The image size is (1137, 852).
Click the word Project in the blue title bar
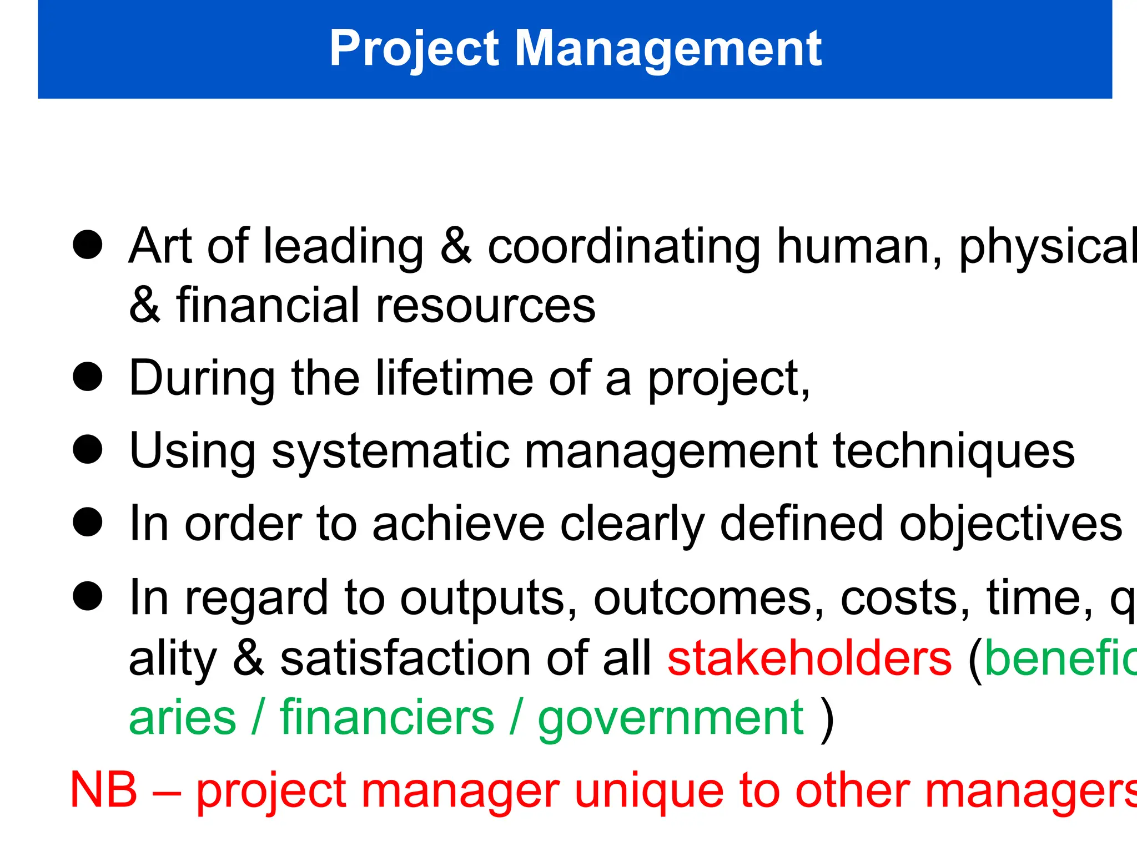click(x=414, y=49)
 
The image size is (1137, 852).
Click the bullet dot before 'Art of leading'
click(x=88, y=245)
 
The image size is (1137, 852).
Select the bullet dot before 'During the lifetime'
click(x=88, y=377)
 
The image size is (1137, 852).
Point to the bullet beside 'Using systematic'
click(x=88, y=449)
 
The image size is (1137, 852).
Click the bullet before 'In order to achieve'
click(x=88, y=523)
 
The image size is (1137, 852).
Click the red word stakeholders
click(x=809, y=658)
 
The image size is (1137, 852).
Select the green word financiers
click(x=387, y=718)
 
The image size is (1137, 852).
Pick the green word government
click(x=671, y=719)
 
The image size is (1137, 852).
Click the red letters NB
click(x=104, y=790)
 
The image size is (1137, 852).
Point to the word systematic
click(x=390, y=452)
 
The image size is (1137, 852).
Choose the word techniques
click(x=954, y=452)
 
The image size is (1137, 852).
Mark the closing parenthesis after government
click(x=827, y=719)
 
